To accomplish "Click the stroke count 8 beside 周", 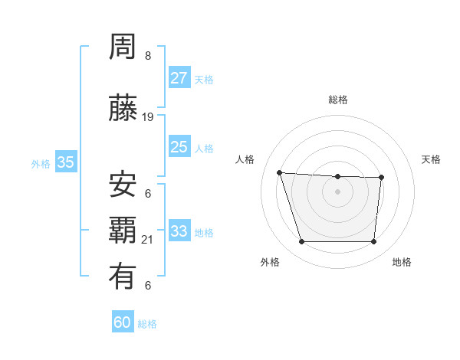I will click(148, 56).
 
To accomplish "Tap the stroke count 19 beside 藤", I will click(148, 117).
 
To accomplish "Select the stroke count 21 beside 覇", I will click(148, 240).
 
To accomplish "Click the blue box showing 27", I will click(179, 78).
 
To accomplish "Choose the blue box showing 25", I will click(179, 147).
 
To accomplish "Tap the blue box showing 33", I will click(179, 231).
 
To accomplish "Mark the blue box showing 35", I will click(66, 162).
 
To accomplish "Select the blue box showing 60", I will click(122, 322).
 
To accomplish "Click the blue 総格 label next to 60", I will click(147, 324).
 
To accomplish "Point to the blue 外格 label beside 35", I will click(41, 163).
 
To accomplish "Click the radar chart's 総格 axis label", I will click(337, 100).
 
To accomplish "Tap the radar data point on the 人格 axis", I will click(280, 173).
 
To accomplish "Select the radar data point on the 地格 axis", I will click(373, 242).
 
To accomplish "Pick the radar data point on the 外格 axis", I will click(301, 242).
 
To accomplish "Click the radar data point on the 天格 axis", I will click(381, 178).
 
